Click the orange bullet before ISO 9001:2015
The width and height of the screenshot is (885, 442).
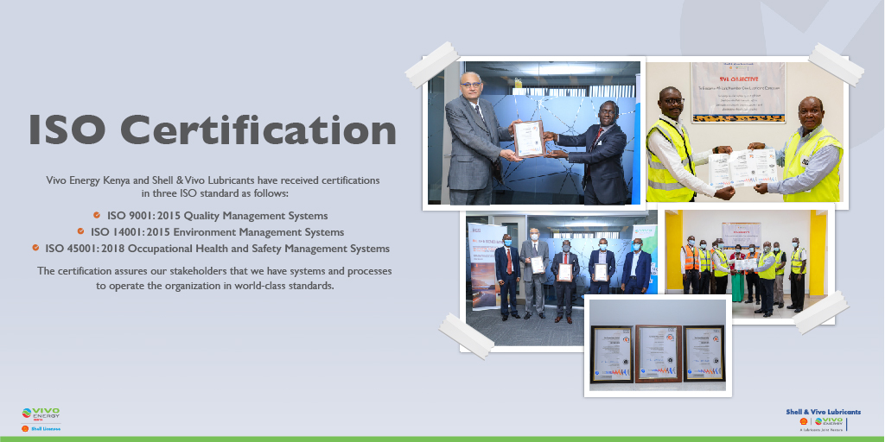click(97, 215)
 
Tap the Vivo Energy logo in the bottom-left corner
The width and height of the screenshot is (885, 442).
click(41, 415)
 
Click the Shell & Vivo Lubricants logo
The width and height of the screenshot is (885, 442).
click(823, 420)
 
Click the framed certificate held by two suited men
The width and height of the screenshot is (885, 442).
click(528, 138)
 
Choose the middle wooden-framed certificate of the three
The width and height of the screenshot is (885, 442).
click(659, 353)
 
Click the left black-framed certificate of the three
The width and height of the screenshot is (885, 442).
click(612, 353)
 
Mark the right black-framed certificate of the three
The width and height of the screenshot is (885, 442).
click(704, 353)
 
